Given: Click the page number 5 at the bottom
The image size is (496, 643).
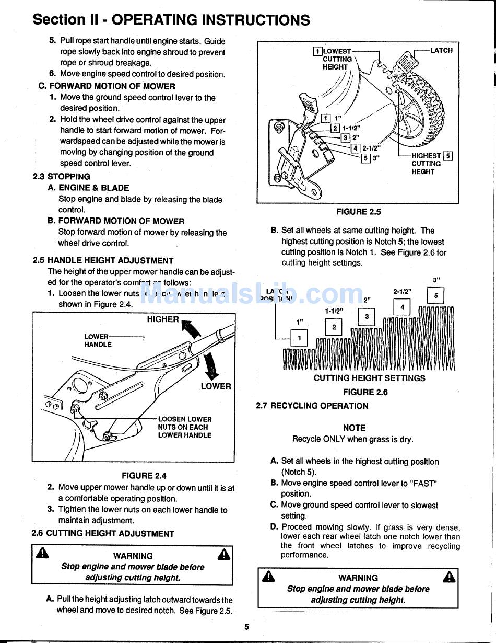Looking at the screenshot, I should (247, 627).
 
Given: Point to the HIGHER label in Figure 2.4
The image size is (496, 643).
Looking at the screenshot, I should (162, 319).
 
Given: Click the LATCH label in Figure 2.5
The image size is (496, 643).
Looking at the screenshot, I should (441, 51).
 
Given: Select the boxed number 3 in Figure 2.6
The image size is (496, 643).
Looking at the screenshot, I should (367, 317).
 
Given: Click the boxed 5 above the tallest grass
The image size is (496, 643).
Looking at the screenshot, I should (436, 296).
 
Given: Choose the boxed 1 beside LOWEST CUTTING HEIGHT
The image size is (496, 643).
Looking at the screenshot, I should (317, 51).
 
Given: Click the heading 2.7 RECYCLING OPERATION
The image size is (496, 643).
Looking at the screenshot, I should (312, 406).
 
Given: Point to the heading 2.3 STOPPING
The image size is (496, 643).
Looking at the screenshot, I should (61, 177).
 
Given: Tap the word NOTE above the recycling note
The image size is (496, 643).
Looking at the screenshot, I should (354, 428).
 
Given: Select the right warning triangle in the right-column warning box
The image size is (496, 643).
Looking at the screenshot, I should (448, 577).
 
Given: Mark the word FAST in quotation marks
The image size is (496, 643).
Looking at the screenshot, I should (423, 484).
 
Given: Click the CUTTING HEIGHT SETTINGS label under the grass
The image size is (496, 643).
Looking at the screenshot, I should (369, 378).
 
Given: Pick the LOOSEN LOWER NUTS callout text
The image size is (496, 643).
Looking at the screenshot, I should (185, 427).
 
